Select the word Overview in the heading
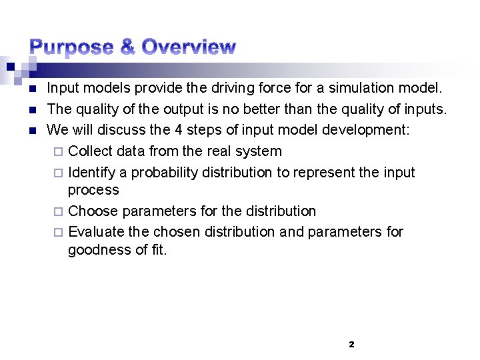[x=189, y=47]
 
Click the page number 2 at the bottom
[x=351, y=345]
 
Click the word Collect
[x=89, y=151]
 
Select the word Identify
[x=92, y=173]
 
